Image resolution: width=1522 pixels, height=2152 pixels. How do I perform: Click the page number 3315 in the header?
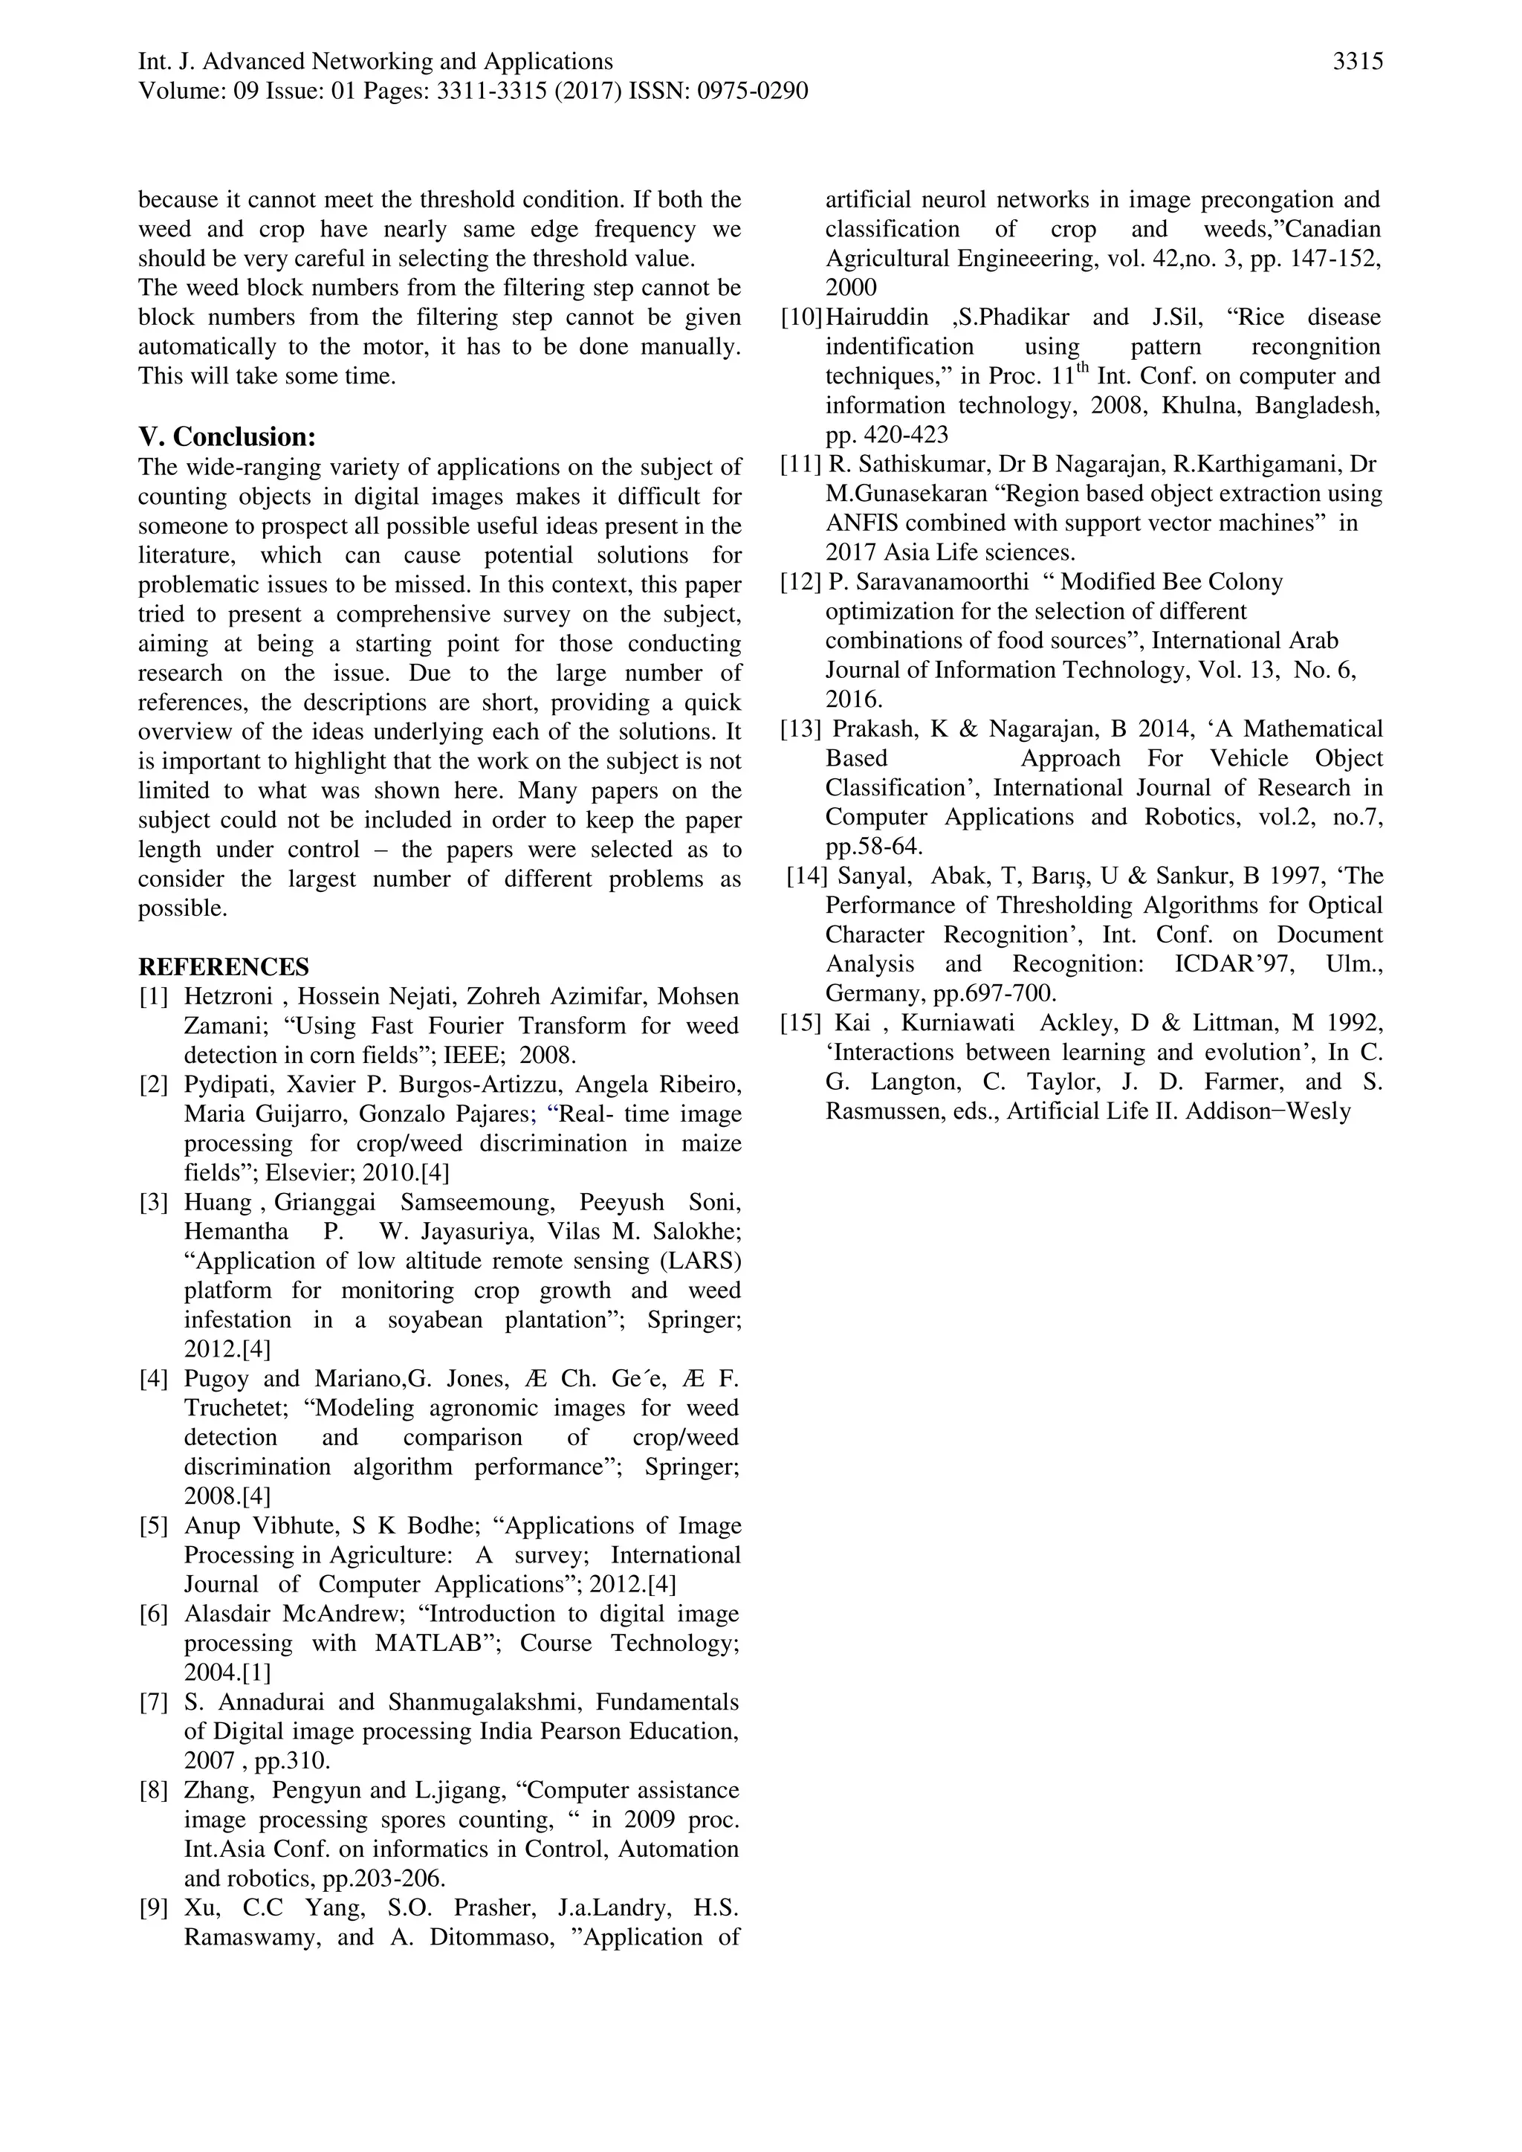1357,62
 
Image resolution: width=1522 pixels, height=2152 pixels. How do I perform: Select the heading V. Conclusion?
227,437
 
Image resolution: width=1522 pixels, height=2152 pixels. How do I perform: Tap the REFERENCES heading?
223,967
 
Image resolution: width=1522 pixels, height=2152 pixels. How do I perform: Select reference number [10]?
801,317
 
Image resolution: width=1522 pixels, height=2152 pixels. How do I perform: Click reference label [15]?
801,1023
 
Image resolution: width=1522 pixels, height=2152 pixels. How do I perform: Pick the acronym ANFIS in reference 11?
861,523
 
